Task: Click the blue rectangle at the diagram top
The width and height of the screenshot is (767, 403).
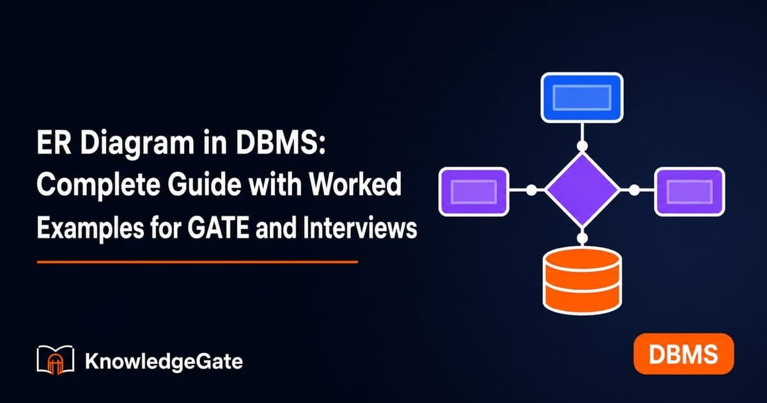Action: pos(582,98)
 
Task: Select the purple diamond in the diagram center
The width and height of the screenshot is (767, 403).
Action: pos(582,189)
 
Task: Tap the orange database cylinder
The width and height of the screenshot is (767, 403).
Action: pos(582,281)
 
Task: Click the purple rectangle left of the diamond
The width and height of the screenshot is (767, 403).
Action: pos(474,192)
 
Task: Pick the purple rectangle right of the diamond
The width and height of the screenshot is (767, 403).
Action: pos(690,192)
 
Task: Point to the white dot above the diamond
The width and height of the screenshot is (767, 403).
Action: pos(582,146)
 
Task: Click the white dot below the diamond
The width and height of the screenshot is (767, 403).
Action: pos(582,238)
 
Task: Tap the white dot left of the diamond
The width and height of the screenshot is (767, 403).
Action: pos(531,190)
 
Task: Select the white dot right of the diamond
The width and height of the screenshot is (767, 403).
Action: pos(634,190)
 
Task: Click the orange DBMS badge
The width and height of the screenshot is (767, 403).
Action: pos(683,354)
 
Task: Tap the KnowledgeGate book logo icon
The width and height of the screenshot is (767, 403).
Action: pos(55,360)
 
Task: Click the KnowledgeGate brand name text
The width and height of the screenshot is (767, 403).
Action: pos(164,362)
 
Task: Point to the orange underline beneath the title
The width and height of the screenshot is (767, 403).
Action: pos(198,262)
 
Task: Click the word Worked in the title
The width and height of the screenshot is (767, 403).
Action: pos(355,184)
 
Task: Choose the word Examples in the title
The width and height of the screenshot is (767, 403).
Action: pos(90,229)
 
